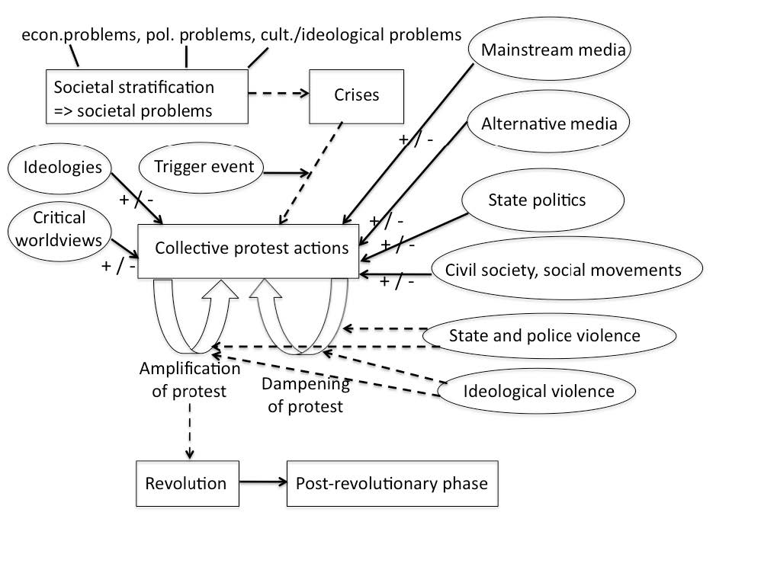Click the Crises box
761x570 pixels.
point(356,95)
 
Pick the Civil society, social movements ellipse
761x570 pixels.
point(563,269)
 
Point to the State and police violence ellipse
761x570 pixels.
point(550,335)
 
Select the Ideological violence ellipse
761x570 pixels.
point(538,392)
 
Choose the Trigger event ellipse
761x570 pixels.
point(203,167)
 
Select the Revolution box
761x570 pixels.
point(185,483)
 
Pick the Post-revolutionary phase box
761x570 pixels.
point(391,483)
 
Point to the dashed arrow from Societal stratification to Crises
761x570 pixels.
point(278,94)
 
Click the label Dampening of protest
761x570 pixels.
point(305,394)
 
